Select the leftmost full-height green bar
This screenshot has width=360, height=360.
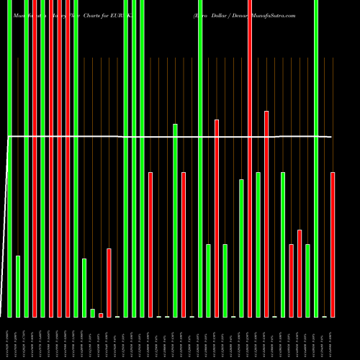[9, 158]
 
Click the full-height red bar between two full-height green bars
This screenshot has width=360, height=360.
[35, 158]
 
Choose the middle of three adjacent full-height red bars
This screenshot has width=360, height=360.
[59, 158]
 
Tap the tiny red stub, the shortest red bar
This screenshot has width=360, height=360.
[101, 315]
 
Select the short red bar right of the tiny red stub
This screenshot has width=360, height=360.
[109, 283]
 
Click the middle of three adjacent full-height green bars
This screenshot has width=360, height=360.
[134, 158]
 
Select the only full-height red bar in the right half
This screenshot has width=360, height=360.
[250, 158]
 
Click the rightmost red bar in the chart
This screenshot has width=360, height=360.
[333, 245]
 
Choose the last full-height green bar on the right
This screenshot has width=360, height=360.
[316, 158]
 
